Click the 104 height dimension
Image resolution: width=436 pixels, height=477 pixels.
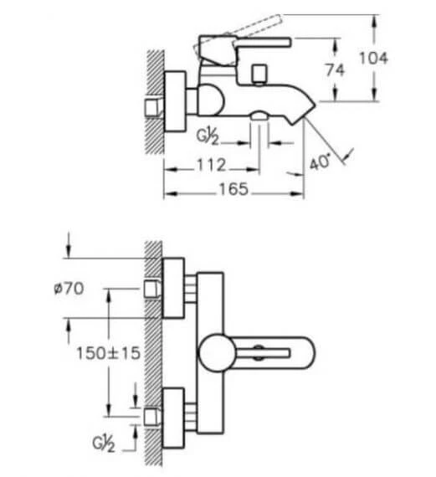pyautogui.click(x=373, y=58)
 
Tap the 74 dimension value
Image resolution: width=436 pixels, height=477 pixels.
pyautogui.click(x=335, y=70)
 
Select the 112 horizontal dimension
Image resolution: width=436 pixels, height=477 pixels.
pyautogui.click(x=212, y=165)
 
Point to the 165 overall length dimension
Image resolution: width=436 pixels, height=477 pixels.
pyautogui.click(x=233, y=189)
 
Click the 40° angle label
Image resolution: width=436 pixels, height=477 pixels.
pyautogui.click(x=320, y=162)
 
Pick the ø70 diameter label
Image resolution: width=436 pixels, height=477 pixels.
pyautogui.click(x=69, y=288)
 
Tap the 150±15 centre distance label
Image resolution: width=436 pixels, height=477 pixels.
pyautogui.click(x=108, y=353)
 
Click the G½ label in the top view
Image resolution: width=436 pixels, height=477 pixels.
pyautogui.click(x=208, y=136)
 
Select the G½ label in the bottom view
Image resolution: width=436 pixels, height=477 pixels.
pyautogui.click(x=104, y=444)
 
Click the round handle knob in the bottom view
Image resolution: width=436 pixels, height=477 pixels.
pyautogui.click(x=217, y=353)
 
